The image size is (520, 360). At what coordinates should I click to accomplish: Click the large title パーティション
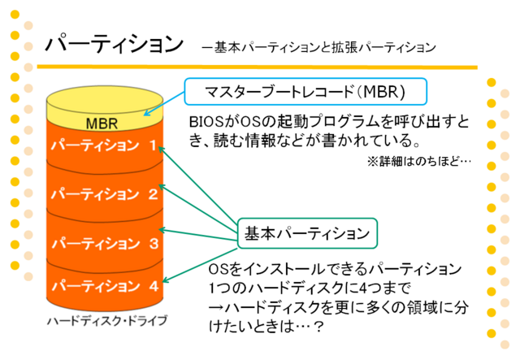tap(115, 43)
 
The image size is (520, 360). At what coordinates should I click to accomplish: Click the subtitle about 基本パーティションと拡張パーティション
tap(318, 48)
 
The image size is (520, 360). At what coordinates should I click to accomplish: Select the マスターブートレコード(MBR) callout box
tap(305, 92)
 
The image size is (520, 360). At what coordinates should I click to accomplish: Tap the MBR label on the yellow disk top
tap(102, 124)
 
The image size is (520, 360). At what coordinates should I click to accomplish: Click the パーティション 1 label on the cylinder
tap(104, 145)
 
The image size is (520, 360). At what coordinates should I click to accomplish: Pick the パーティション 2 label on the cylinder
tap(105, 193)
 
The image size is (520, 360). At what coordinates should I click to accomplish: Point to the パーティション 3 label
tap(105, 243)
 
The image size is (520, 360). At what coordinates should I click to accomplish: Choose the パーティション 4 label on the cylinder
tap(105, 286)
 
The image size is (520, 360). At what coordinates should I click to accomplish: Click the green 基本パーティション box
tap(307, 233)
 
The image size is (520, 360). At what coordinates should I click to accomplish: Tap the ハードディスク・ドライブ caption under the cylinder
tap(107, 321)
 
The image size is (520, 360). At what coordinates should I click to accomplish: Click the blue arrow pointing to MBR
tap(164, 104)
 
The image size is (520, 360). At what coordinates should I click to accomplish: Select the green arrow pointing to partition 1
tap(198, 188)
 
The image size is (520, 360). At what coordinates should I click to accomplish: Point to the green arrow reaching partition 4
tap(200, 266)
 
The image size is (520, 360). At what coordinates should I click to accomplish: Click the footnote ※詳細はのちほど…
tap(419, 162)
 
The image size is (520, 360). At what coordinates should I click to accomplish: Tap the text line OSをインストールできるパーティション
tap(335, 269)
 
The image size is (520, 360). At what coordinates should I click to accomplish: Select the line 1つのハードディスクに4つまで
tap(310, 288)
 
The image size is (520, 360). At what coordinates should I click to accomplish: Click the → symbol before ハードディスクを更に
tap(216, 307)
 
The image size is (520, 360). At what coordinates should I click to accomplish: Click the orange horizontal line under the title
tap(257, 67)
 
